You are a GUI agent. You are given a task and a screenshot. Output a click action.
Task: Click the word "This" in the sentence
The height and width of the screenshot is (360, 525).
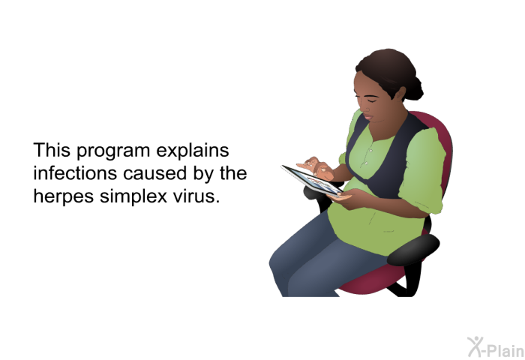click(52, 150)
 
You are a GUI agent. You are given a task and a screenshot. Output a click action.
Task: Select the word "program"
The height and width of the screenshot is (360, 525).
click(113, 151)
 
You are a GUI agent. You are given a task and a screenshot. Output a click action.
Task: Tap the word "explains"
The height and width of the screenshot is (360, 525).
click(193, 150)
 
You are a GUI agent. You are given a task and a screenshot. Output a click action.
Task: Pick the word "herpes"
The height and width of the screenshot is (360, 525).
click(64, 196)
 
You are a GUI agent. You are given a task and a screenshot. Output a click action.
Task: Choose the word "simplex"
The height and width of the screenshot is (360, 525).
click(133, 196)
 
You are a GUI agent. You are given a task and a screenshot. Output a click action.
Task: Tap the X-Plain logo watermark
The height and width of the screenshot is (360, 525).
click(496, 347)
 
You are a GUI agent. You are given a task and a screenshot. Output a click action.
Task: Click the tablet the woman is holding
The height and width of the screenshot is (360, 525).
click(312, 180)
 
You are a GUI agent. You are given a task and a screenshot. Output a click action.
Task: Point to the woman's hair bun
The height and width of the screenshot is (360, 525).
click(414, 88)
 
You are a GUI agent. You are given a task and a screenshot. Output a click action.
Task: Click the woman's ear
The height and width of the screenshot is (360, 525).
click(400, 94)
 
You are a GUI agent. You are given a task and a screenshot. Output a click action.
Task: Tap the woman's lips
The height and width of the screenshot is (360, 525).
click(368, 117)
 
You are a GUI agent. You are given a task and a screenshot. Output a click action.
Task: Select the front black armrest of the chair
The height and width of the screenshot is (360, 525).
click(413, 250)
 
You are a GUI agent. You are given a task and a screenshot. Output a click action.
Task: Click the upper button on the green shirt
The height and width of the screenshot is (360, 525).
click(370, 151)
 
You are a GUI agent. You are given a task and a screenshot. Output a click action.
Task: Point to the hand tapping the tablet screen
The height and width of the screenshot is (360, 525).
click(316, 166)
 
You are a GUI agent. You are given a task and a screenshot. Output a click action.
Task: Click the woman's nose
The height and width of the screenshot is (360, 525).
click(362, 106)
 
